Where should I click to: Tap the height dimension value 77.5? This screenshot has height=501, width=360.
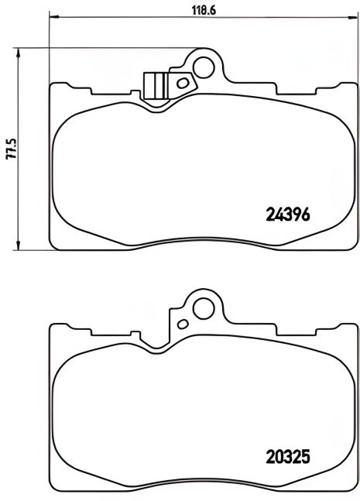tap(11, 146)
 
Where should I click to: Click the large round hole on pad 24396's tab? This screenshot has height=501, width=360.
tap(205, 66)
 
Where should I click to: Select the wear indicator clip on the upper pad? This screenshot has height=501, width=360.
tap(157, 84)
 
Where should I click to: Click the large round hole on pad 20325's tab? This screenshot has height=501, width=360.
tap(205, 308)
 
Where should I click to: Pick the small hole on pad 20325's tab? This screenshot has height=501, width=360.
tap(183, 324)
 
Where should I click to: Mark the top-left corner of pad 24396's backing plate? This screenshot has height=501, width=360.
tap(51, 84)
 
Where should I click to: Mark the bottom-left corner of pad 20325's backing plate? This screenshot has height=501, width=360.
tap(51, 489)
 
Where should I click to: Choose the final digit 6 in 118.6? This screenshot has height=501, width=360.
tap(201, 10)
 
